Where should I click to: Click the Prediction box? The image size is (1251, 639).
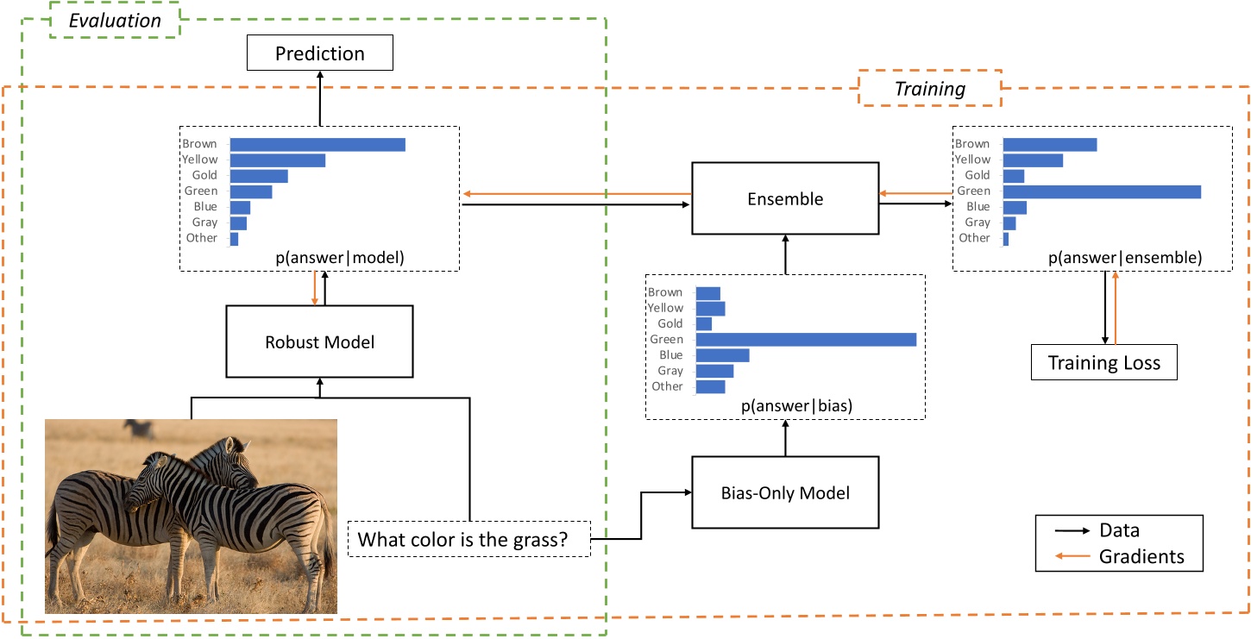(x=319, y=53)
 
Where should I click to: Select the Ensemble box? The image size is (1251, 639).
(x=785, y=199)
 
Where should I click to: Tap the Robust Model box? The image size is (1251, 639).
(x=319, y=341)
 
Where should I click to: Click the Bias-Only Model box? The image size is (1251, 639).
(x=785, y=493)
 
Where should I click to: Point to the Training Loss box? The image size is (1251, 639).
(x=1104, y=363)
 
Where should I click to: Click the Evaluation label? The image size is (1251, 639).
(x=115, y=21)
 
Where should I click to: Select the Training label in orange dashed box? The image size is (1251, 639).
(x=929, y=89)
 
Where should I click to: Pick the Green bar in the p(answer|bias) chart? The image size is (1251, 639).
(x=805, y=340)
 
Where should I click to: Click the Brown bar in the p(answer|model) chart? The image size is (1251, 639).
(x=317, y=144)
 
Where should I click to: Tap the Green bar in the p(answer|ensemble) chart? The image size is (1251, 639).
(x=1102, y=191)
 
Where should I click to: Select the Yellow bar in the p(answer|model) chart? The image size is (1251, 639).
(x=277, y=160)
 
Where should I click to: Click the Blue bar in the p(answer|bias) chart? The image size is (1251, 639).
(x=722, y=355)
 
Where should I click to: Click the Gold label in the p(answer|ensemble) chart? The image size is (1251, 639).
(x=978, y=176)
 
